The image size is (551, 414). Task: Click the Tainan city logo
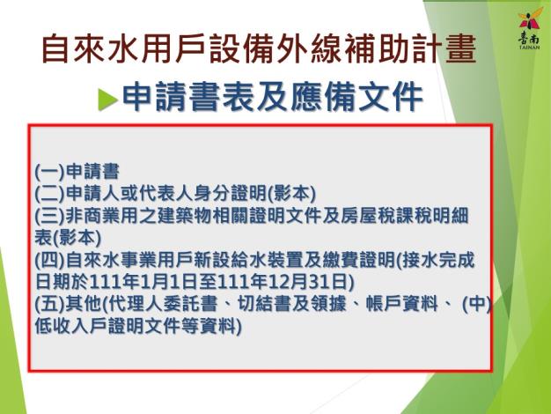point(529,30)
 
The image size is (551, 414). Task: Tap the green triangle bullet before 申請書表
point(107,100)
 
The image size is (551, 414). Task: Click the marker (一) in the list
point(50,171)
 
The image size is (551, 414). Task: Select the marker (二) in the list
point(50,194)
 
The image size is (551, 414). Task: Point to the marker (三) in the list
point(50,216)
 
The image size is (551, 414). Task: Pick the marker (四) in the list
point(50,260)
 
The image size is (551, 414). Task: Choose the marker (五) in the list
point(50,304)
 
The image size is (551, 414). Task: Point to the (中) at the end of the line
point(476,304)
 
